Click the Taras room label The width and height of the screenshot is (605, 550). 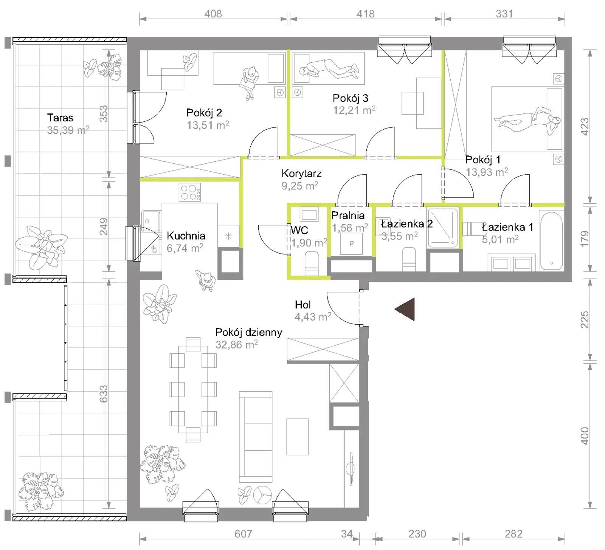tap(60, 118)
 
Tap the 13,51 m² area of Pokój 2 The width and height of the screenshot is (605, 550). tap(208, 125)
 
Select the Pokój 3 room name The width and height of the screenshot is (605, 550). tap(350, 98)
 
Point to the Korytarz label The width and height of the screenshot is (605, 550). tap(301, 174)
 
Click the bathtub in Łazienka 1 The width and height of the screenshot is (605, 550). tap(551, 241)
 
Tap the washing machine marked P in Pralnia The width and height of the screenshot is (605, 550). tap(351, 243)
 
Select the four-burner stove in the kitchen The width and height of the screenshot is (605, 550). tap(190, 192)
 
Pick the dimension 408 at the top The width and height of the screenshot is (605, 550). tap(213, 14)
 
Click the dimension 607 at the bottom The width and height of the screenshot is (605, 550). tap(243, 534)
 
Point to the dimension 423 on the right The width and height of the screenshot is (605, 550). tap(585, 127)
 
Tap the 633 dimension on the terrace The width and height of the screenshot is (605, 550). tap(104, 394)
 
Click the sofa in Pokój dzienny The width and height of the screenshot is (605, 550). tap(256, 437)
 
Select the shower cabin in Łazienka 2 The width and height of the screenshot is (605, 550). tap(443, 228)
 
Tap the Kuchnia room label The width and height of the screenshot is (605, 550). tap(186, 236)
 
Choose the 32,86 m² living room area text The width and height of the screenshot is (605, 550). tap(237, 344)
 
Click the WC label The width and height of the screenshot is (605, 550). tap(299, 230)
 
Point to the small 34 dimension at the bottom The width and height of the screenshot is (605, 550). tap(347, 534)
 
